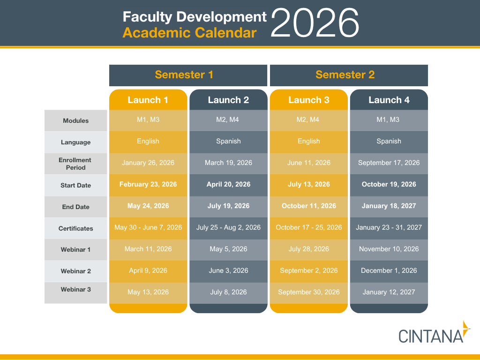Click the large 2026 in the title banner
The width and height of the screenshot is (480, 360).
(x=315, y=23)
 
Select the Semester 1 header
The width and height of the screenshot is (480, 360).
(x=184, y=75)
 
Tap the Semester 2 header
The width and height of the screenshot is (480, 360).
(x=345, y=75)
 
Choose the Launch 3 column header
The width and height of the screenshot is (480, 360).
(x=308, y=100)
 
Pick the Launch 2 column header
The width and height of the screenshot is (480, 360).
(x=228, y=100)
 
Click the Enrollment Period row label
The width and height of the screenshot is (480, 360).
(x=75, y=164)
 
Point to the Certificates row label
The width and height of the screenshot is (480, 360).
(x=75, y=228)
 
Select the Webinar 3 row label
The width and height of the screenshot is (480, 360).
(x=75, y=289)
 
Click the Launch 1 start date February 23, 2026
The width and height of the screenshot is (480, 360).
(x=148, y=184)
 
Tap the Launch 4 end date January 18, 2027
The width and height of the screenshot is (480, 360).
(x=389, y=206)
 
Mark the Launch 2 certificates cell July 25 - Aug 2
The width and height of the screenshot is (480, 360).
(x=228, y=227)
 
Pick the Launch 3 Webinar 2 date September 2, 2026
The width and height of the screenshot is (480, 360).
(x=308, y=270)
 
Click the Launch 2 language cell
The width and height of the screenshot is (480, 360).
(x=228, y=141)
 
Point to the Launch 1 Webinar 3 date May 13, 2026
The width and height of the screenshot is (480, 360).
(x=148, y=292)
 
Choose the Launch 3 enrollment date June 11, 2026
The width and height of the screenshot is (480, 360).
(x=308, y=163)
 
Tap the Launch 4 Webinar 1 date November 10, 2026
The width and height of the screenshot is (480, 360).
(x=389, y=249)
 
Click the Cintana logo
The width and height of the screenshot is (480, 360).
(x=434, y=332)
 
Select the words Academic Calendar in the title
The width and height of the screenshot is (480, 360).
(x=189, y=33)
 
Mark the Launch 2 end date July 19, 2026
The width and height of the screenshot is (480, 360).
(x=228, y=206)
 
